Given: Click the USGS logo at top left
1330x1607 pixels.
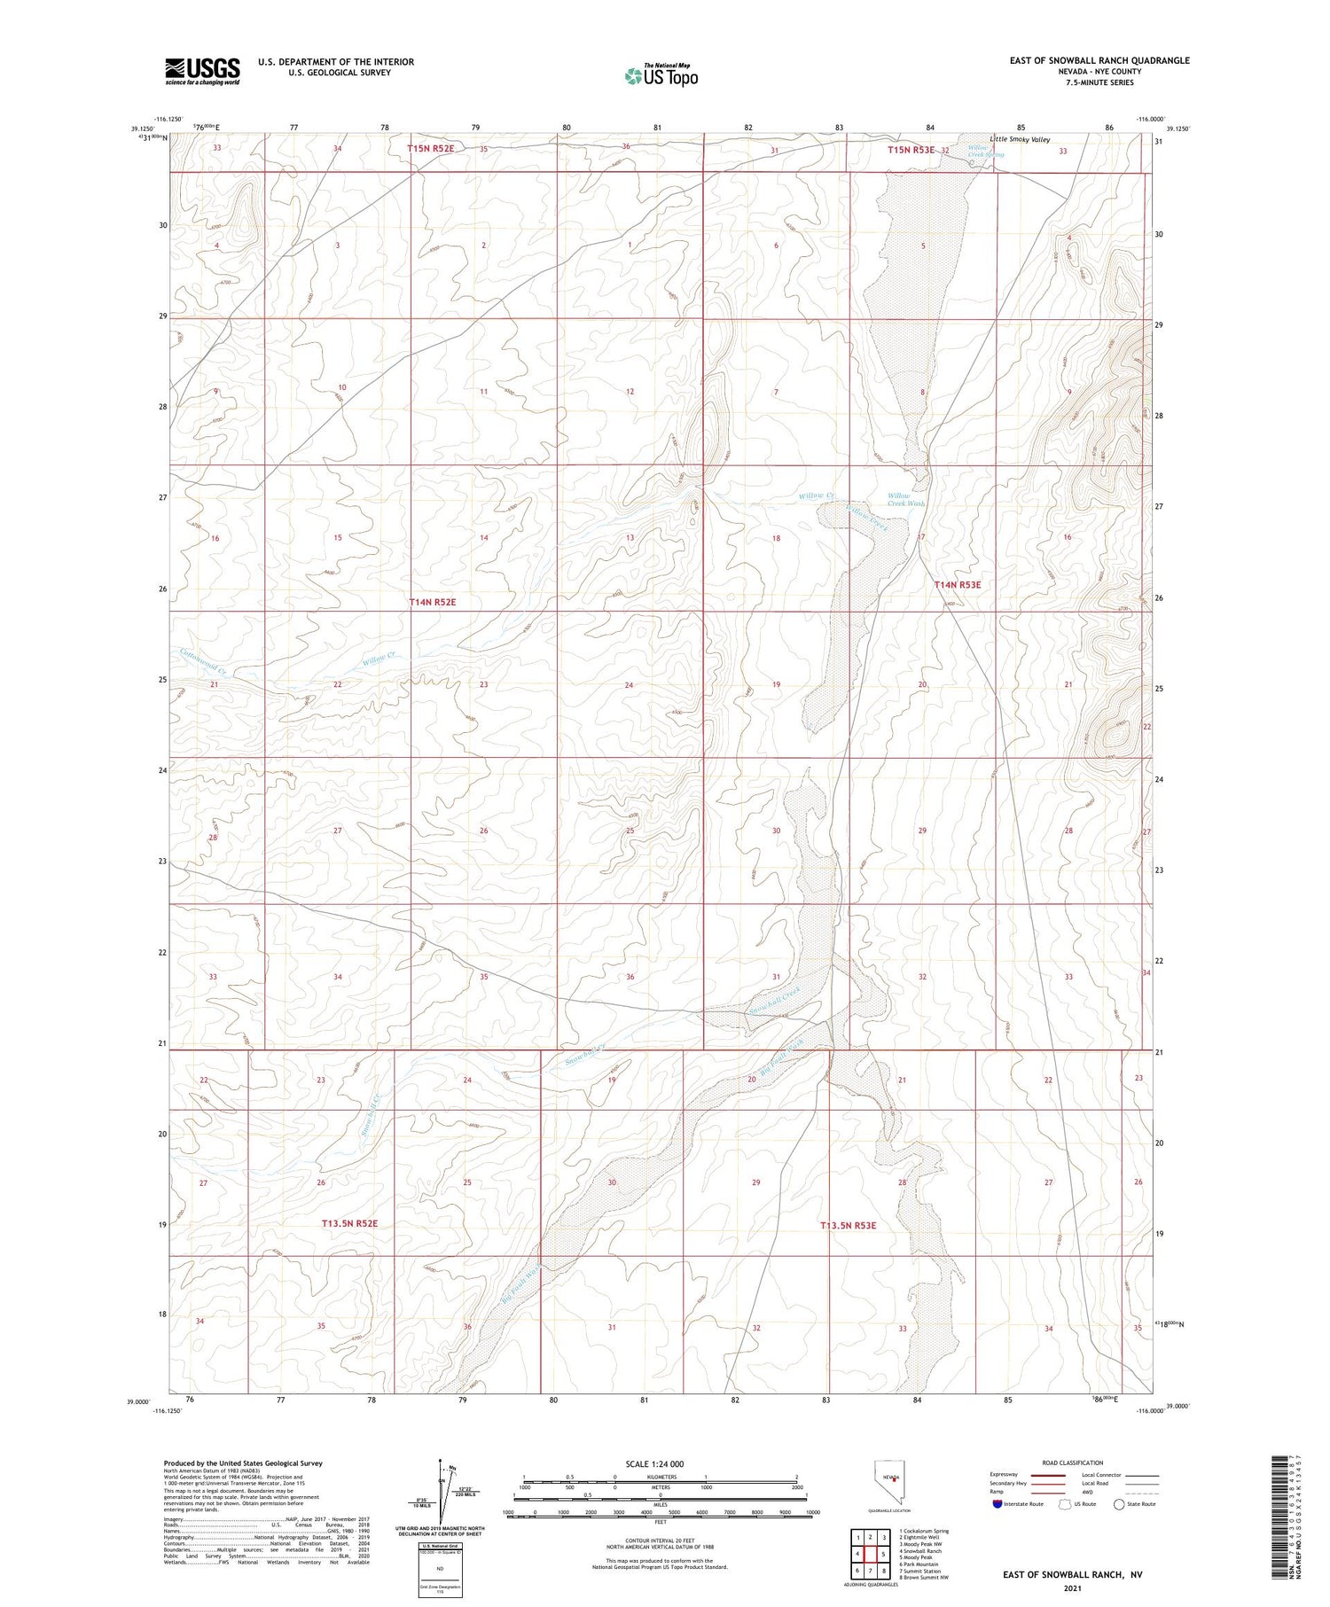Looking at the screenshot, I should click(202, 71).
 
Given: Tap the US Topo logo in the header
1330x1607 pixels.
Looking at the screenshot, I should click(661, 76).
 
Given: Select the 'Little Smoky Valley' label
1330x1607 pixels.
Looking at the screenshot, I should click(1020, 140).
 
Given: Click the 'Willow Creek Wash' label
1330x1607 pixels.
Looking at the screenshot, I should click(905, 499).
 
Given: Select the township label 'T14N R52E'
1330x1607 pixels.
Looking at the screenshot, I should click(432, 602).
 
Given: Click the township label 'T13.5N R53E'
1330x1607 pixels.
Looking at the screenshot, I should click(848, 1225).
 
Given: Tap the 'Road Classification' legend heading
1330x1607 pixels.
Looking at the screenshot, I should click(1073, 1463).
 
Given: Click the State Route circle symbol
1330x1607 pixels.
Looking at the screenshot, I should click(1119, 1504).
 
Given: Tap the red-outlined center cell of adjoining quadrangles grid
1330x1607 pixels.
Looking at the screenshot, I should click(871, 1554).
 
